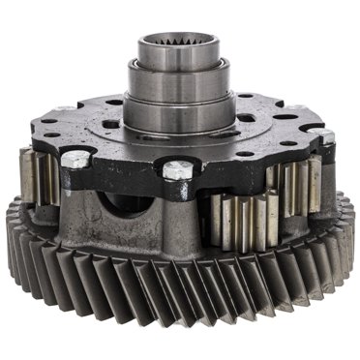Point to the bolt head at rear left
64,107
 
